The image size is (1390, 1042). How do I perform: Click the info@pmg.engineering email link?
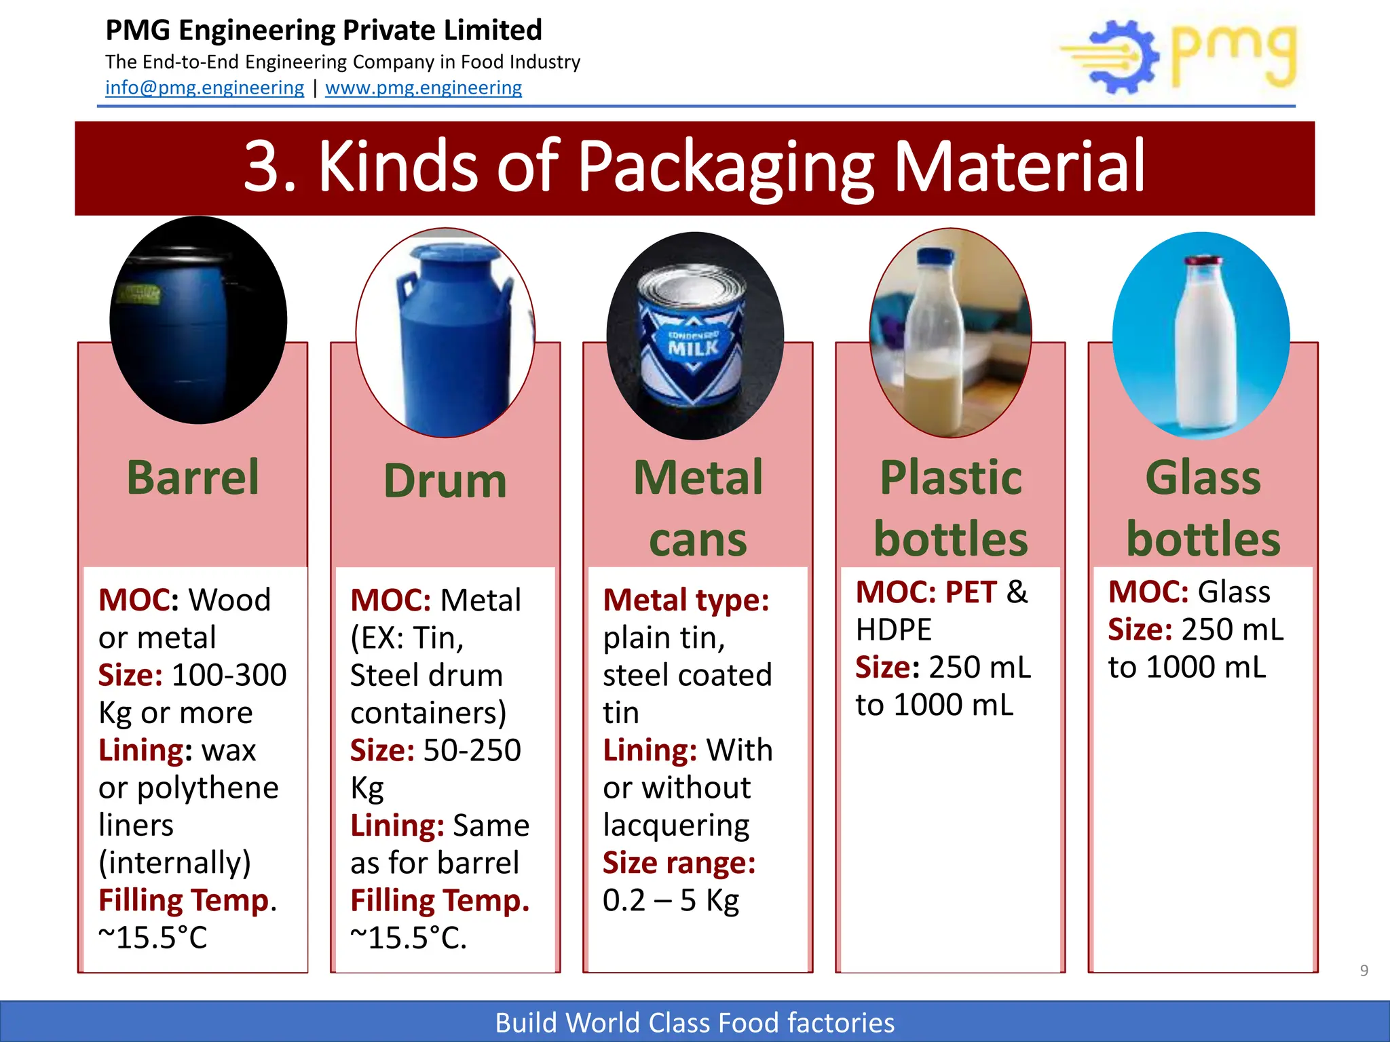click(x=204, y=88)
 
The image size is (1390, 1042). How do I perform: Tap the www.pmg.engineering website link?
click(x=424, y=88)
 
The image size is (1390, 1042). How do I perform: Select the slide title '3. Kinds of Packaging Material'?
click(x=694, y=167)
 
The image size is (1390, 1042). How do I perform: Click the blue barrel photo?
click(x=198, y=320)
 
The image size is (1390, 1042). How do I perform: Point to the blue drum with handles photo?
click(x=445, y=333)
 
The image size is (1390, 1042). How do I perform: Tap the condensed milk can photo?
click(x=695, y=336)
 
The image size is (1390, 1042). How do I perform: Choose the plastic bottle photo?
click(x=950, y=332)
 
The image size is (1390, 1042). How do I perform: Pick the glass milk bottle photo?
click(x=1201, y=336)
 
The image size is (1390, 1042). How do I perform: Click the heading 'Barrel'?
click(x=193, y=478)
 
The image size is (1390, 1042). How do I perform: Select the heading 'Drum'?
click(x=445, y=481)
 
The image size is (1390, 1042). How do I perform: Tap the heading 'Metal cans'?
click(x=698, y=508)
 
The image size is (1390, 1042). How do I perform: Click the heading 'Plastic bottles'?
click(x=950, y=508)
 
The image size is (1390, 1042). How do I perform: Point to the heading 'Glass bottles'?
click(x=1203, y=508)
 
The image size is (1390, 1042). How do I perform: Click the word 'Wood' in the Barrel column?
click(x=229, y=600)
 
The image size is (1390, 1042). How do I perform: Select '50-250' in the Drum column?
click(x=472, y=750)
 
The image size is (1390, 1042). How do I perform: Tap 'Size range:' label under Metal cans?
click(x=679, y=863)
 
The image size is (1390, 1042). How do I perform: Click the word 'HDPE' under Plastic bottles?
click(x=893, y=630)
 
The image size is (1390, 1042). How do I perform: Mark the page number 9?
click(x=1364, y=970)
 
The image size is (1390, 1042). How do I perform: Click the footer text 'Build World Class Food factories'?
click(x=694, y=1022)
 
